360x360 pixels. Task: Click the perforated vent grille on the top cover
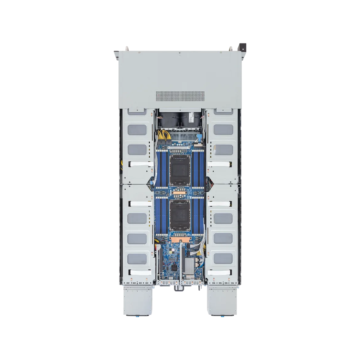(x=180, y=96)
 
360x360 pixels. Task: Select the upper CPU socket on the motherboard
(x=180, y=168)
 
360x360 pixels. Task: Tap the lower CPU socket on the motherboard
(x=180, y=215)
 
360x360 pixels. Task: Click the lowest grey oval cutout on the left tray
(x=137, y=258)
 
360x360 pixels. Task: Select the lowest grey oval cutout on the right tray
(x=223, y=258)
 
